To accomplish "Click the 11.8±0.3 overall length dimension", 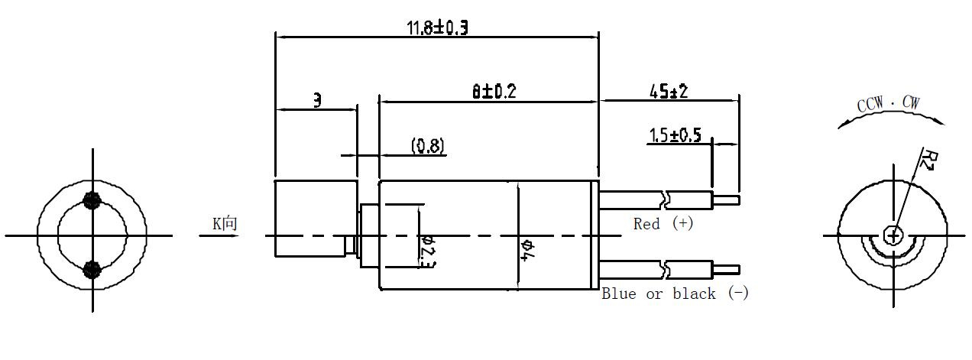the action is point(437,28).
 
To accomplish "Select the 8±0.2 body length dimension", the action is point(494,92).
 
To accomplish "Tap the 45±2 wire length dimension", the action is point(669,92).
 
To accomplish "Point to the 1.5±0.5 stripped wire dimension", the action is point(676,135).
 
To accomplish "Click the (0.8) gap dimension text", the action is point(428,145).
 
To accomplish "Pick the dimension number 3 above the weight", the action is point(318,100).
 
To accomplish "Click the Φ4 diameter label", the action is point(528,250).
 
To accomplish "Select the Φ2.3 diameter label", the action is point(428,251).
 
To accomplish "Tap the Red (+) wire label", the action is point(663,224).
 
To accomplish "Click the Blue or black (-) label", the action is point(676,294).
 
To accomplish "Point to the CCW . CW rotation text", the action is point(888,103).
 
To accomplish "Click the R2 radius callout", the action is point(930,161).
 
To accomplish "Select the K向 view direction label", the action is point(225,224).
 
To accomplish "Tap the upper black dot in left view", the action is point(92,200).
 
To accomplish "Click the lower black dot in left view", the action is point(92,270).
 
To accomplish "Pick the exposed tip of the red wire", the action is point(727,200).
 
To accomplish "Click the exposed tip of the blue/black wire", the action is point(727,270).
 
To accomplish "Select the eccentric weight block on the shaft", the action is point(316,219).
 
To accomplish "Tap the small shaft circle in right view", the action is point(893,236).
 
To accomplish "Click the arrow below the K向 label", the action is point(219,236).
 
